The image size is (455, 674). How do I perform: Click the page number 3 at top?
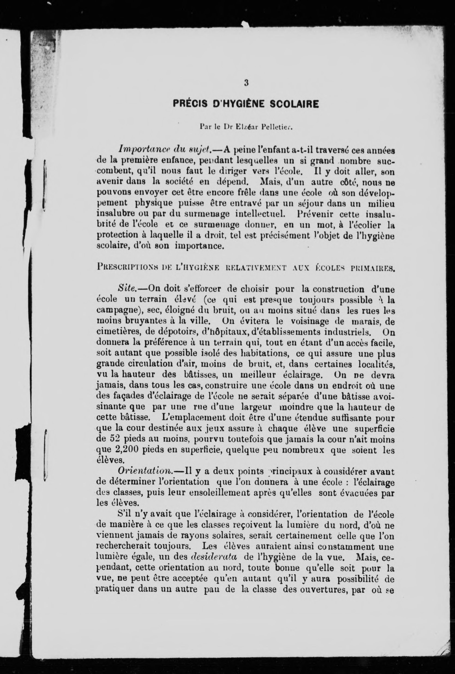click(x=246, y=83)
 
